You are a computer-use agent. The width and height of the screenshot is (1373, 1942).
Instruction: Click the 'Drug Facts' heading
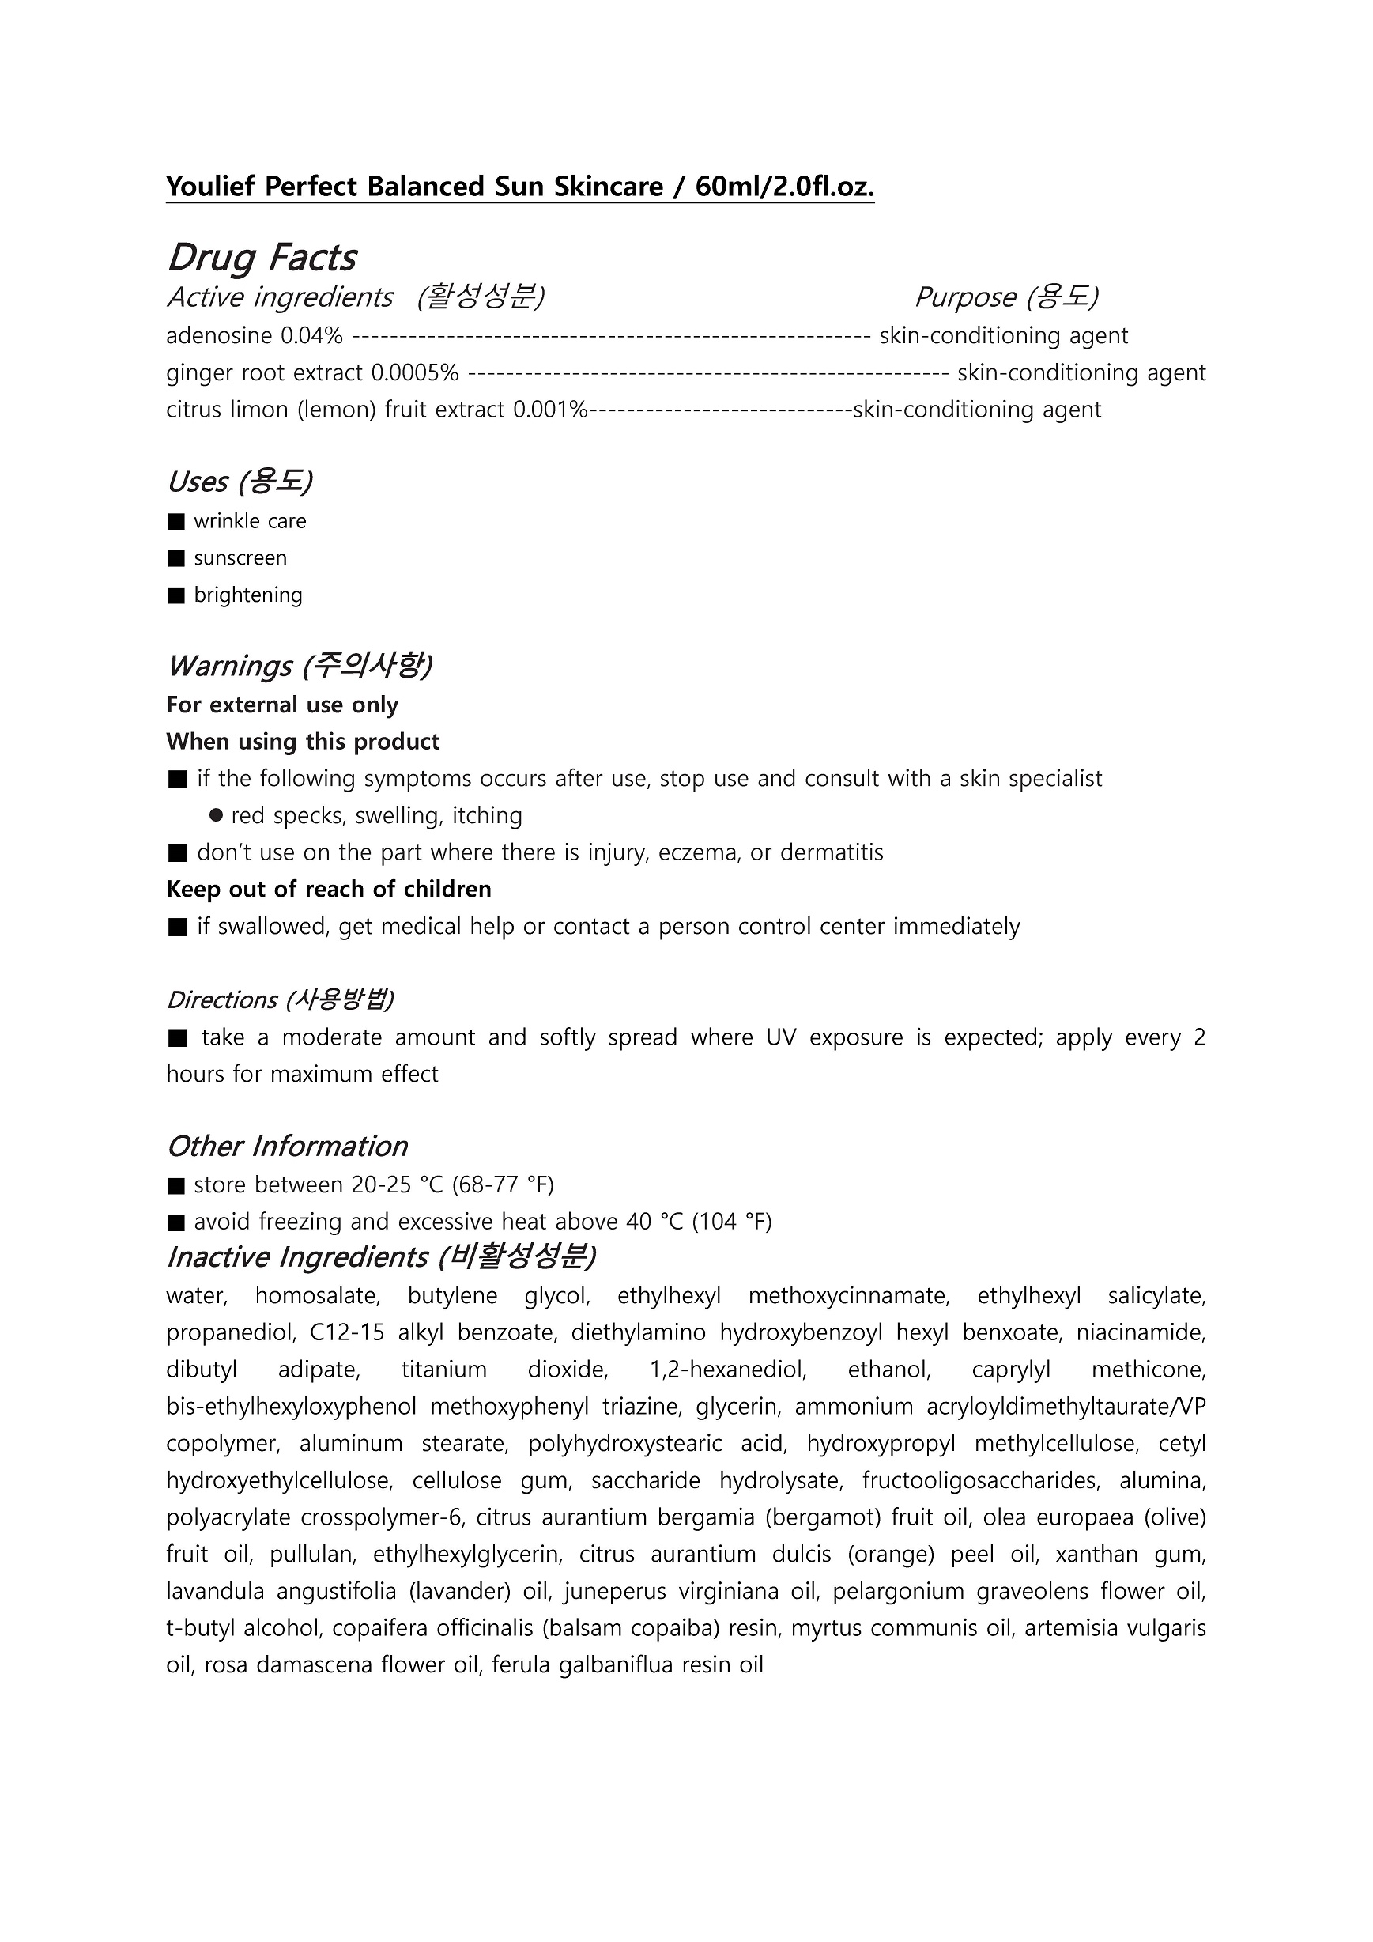tap(262, 257)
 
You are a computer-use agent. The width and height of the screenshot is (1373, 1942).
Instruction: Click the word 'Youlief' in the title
tap(210, 186)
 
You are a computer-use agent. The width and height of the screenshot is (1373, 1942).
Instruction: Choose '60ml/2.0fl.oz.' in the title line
tap(784, 186)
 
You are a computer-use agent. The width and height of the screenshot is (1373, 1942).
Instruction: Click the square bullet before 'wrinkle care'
tap(175, 522)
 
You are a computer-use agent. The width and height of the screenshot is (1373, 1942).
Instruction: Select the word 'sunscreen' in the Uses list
tap(240, 558)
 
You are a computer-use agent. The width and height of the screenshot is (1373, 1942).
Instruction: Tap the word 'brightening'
tap(247, 595)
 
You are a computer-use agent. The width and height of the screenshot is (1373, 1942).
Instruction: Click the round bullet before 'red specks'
tap(216, 815)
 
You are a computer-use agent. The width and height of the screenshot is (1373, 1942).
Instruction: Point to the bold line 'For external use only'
tap(282, 705)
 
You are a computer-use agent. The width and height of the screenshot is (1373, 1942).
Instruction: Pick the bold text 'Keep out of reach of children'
tap(329, 890)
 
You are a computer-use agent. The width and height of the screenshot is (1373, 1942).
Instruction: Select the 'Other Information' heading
tap(288, 1146)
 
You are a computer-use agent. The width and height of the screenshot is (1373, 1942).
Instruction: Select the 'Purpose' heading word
tap(965, 297)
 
